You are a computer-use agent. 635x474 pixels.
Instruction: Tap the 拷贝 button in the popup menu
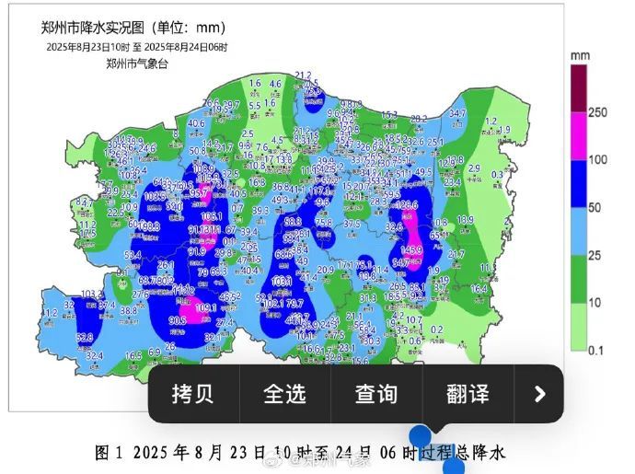pyautogui.click(x=192, y=394)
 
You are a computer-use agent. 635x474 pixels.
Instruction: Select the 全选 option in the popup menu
pyautogui.click(x=284, y=394)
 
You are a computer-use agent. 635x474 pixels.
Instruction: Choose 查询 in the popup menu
pyautogui.click(x=376, y=394)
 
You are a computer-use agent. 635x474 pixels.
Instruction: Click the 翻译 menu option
pyautogui.click(x=467, y=394)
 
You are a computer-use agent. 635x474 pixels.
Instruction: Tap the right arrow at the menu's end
pyautogui.click(x=539, y=394)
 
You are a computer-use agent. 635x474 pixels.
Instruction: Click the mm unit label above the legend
pyautogui.click(x=580, y=56)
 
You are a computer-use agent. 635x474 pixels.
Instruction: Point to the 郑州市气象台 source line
pyautogui.click(x=137, y=64)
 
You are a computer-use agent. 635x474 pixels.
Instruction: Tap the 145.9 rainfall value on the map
pyautogui.click(x=411, y=250)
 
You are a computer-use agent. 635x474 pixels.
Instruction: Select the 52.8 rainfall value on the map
pyautogui.click(x=85, y=338)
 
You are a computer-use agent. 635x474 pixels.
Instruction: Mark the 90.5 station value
pyautogui.click(x=178, y=320)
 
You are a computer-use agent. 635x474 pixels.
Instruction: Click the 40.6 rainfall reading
pyautogui.click(x=196, y=123)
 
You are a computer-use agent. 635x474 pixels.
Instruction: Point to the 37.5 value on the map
pyautogui.click(x=352, y=224)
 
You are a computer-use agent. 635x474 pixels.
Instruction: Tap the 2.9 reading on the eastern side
pyautogui.click(x=475, y=168)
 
